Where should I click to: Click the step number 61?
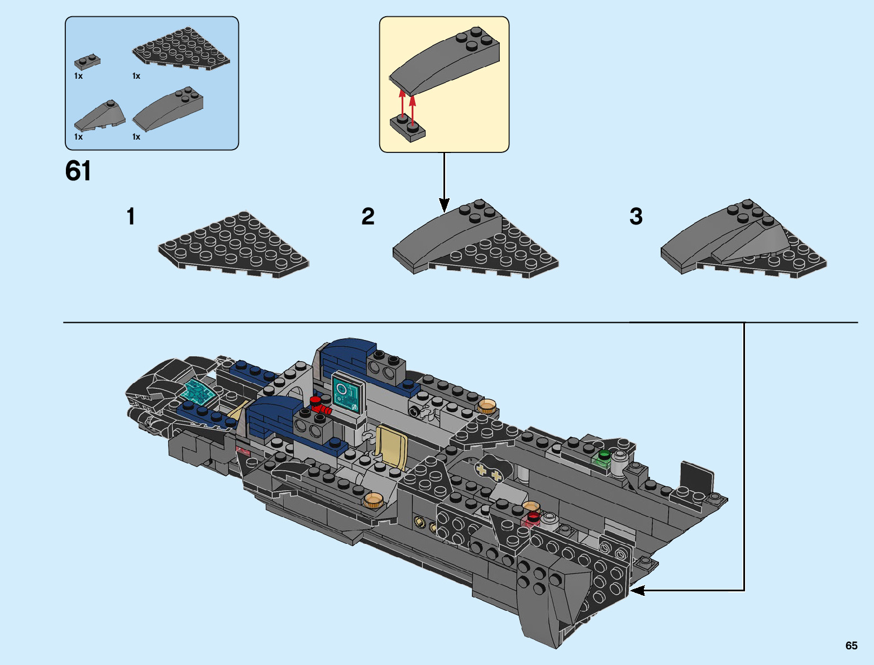click(x=78, y=171)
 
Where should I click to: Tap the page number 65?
click(x=851, y=645)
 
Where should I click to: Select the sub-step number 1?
click(x=131, y=217)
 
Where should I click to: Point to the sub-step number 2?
click(x=367, y=217)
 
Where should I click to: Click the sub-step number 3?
click(x=636, y=217)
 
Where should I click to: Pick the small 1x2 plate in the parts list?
click(x=87, y=61)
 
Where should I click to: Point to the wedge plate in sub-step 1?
click(x=233, y=245)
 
